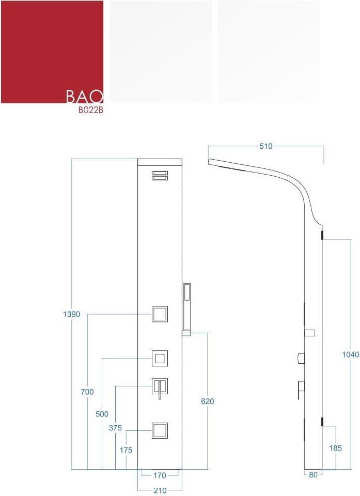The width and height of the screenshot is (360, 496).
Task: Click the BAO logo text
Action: pyautogui.click(x=85, y=97)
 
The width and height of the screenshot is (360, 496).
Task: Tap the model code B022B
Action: pyautogui.click(x=91, y=111)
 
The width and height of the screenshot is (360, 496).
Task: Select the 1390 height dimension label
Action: pyautogui.click(x=71, y=314)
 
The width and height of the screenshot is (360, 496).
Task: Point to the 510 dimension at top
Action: pyautogui.click(x=265, y=146)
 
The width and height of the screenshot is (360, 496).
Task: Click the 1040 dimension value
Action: pyautogui.click(x=351, y=354)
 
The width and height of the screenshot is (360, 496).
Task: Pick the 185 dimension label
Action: pyautogui.click(x=335, y=448)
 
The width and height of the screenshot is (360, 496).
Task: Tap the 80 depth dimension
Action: pyautogui.click(x=313, y=474)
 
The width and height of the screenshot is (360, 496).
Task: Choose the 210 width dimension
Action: pyautogui.click(x=160, y=490)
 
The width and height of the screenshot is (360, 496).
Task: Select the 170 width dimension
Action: pyautogui.click(x=160, y=475)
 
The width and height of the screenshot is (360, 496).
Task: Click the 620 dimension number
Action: pyautogui.click(x=208, y=401)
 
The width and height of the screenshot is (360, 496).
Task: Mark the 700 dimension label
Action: pyautogui.click(x=87, y=392)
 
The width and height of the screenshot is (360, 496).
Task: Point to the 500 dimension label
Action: pyautogui.click(x=102, y=414)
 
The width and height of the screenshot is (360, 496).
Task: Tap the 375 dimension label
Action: pyautogui.click(x=115, y=428)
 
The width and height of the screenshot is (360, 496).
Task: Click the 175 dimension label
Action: pyautogui.click(x=126, y=450)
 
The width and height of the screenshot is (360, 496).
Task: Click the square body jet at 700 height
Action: pyautogui.click(x=160, y=314)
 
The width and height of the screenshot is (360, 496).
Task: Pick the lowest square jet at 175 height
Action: pyautogui.click(x=160, y=430)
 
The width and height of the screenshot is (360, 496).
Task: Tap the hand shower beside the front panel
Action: pyautogui.click(x=186, y=309)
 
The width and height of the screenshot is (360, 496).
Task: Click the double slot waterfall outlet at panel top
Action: pyautogui.click(x=160, y=176)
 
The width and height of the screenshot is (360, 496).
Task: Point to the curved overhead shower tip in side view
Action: pyautogui.click(x=209, y=162)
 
